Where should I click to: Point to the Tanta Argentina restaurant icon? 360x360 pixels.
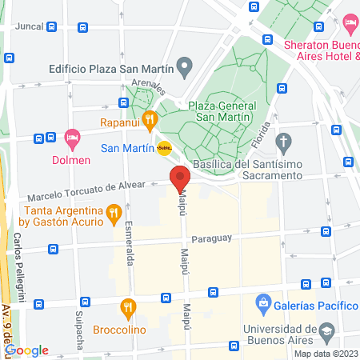click(114, 213)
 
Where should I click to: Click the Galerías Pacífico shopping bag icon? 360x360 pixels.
click(262, 304)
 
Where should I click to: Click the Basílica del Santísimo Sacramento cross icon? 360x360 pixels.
click(282, 142)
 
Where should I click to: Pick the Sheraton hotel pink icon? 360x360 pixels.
click(350, 22)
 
